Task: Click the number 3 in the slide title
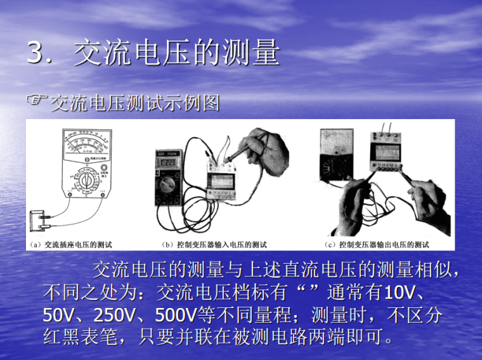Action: click(x=36, y=53)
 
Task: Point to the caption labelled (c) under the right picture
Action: click(x=377, y=245)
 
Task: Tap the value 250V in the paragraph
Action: click(x=117, y=314)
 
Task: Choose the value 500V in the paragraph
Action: click(x=173, y=314)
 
